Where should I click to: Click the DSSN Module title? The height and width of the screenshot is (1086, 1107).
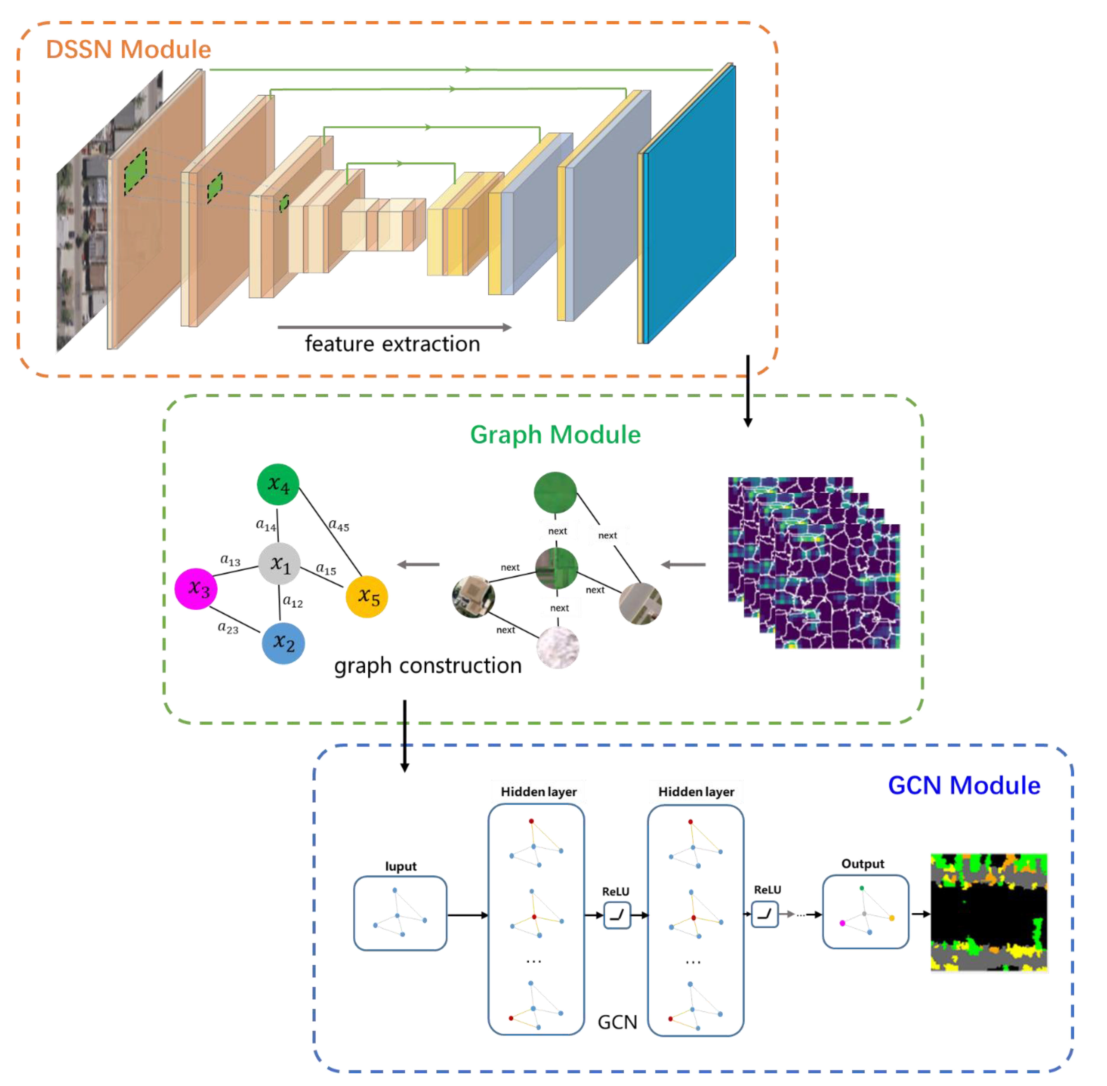128,50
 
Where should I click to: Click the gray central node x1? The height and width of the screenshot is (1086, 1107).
279,563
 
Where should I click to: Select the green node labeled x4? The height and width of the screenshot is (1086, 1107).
278,484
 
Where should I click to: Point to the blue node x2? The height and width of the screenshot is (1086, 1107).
283,643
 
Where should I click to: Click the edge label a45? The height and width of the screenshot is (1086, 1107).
339,525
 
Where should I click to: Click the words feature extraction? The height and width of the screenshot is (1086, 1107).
392,344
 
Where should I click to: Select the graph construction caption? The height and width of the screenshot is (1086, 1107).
428,665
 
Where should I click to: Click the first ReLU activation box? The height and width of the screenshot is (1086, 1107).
617,915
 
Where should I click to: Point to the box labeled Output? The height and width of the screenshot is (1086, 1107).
865,912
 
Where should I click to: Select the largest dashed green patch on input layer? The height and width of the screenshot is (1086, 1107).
136,171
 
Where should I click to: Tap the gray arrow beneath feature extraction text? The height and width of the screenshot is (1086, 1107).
394,327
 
